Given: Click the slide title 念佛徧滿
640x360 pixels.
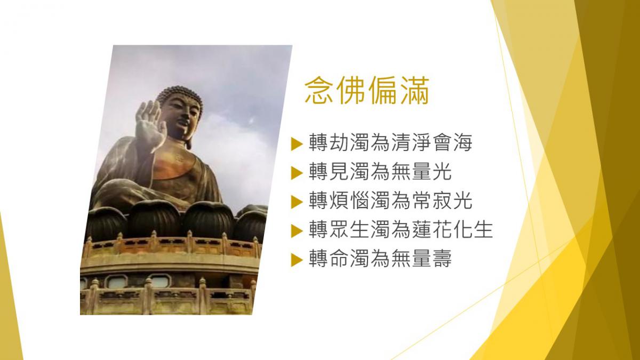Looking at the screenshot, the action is [x=367, y=90].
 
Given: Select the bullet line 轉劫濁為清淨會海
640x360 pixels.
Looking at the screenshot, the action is [x=390, y=142].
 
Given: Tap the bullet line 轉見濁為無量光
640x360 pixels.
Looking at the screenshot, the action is [x=380, y=172].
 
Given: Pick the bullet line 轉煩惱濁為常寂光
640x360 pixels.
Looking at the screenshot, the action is [x=390, y=201].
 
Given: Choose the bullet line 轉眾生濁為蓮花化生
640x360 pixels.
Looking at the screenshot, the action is [x=401, y=230].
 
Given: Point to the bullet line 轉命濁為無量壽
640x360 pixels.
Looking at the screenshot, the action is [x=380, y=259].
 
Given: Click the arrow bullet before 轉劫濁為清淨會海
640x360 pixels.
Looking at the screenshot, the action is [x=297, y=143].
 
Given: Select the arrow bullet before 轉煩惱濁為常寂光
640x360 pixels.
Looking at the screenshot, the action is [x=297, y=202].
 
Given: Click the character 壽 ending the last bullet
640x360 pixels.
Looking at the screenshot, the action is [x=442, y=259].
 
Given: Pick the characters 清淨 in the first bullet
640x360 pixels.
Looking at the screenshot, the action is [x=411, y=142].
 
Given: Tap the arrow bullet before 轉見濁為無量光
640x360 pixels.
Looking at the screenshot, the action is [x=297, y=173].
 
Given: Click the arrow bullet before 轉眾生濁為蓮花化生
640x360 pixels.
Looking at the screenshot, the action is [x=297, y=231].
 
